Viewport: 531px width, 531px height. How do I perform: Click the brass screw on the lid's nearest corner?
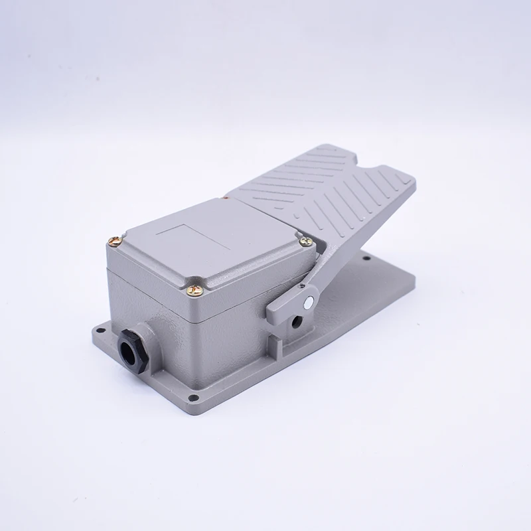tap(194, 289)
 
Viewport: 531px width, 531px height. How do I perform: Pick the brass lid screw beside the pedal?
tap(305, 242)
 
